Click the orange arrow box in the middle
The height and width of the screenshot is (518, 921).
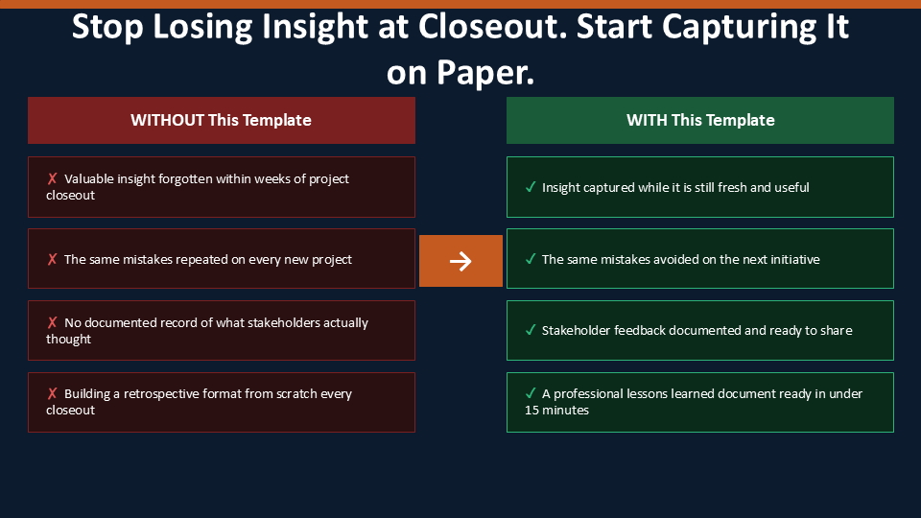click(460, 261)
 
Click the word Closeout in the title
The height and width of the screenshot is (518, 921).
click(492, 27)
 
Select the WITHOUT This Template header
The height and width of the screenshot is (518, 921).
click(222, 121)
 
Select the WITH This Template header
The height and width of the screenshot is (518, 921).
click(700, 121)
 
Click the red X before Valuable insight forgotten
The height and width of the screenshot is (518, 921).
click(52, 178)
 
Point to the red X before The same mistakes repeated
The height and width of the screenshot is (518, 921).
click(52, 259)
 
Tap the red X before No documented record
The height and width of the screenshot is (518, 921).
click(52, 322)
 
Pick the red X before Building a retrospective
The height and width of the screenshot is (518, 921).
click(52, 393)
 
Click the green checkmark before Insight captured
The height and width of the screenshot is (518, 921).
click(531, 187)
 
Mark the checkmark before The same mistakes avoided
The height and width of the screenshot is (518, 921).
click(531, 259)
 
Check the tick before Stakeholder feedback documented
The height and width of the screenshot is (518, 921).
click(531, 329)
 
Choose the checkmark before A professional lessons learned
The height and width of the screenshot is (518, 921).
click(531, 393)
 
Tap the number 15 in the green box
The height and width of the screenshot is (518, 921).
click(531, 410)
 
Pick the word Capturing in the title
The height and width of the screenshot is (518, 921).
click(739, 28)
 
